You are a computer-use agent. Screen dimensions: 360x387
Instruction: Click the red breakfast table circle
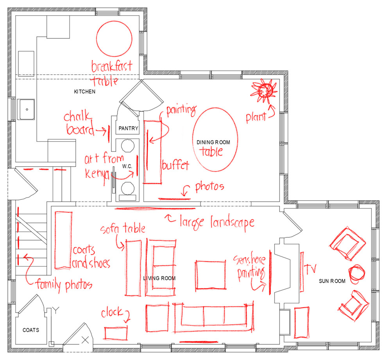tap(114, 39)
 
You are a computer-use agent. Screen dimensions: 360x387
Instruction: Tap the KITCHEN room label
tap(84, 92)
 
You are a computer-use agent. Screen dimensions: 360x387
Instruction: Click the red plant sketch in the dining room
tap(265, 90)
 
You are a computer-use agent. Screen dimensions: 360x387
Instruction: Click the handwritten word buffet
tap(175, 165)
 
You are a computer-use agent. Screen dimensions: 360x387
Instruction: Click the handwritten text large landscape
tap(217, 222)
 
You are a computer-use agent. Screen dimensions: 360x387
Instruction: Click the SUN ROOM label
tap(332, 281)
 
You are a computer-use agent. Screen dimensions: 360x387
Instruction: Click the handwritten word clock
tap(113, 313)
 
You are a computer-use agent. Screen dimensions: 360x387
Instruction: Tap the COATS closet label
tap(31, 330)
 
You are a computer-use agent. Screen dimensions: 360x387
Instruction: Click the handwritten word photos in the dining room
tap(210, 187)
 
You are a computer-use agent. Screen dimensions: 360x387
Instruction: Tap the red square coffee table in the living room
tap(210, 275)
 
